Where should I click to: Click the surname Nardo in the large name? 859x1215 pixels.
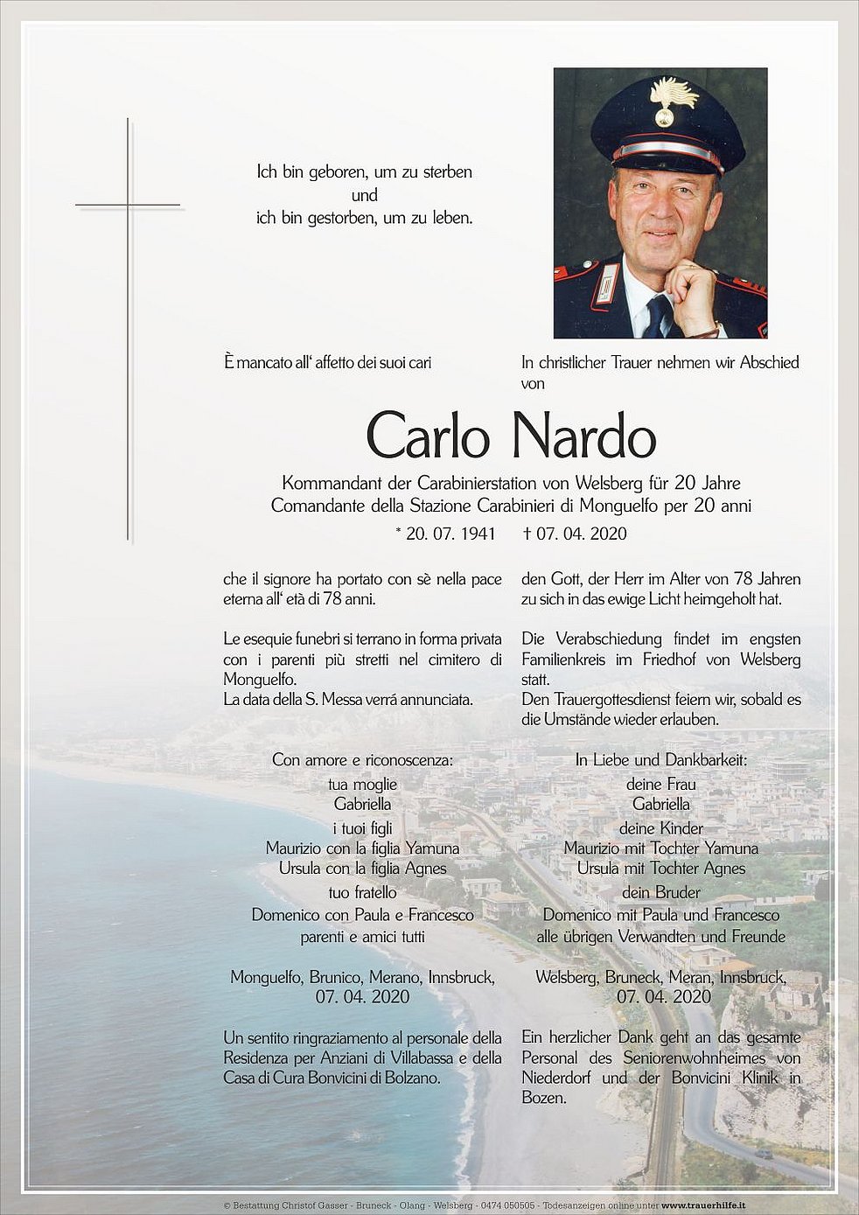[584, 436]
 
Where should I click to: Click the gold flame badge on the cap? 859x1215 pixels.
[671, 100]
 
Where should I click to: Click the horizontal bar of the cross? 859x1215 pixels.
[128, 205]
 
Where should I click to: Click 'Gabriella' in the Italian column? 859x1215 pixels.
[362, 804]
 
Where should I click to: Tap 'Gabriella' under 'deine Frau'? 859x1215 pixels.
[660, 804]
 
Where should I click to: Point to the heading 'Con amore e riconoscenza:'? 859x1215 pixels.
[362, 760]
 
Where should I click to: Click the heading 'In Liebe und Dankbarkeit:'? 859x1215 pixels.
[660, 760]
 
